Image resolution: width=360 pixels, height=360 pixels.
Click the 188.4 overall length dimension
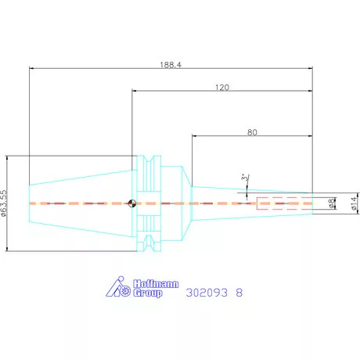point(171,64)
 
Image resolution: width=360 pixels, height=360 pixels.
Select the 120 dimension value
point(222,87)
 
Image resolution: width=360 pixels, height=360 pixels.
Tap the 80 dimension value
point(252,132)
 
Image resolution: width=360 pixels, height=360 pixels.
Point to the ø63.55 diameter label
point(4,203)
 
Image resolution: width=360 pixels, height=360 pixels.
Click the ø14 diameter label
point(354,203)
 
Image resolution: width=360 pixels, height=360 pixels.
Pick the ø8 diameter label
point(332,203)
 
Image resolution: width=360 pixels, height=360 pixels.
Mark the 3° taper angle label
point(244,178)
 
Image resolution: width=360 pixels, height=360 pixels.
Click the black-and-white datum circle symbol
point(132,203)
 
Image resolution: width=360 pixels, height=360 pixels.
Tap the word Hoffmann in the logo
point(156,284)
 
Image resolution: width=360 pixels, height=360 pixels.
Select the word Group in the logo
point(148,293)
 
